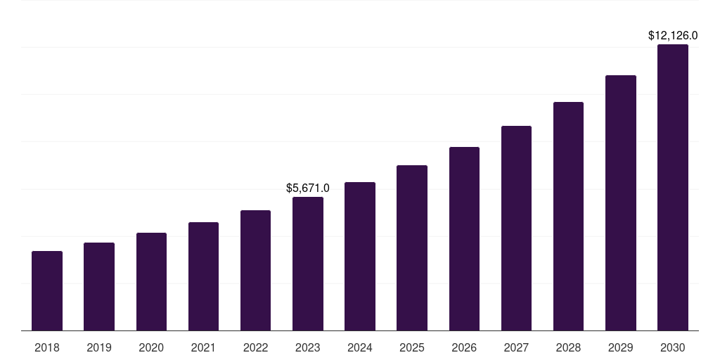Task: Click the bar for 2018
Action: tap(47, 290)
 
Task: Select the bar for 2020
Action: tap(151, 281)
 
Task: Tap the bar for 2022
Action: tap(255, 270)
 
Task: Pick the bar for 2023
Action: tap(308, 264)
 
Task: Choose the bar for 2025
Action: tap(412, 247)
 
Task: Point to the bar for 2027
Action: tap(516, 228)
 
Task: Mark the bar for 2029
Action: tap(621, 202)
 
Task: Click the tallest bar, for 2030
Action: tap(673, 187)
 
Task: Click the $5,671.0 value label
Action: tap(308, 188)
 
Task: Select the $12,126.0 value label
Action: tap(673, 35)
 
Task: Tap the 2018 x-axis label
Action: tap(47, 347)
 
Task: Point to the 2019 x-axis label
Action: tap(99, 347)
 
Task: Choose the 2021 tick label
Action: tap(203, 347)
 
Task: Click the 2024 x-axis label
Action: tap(360, 347)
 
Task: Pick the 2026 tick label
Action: tap(464, 347)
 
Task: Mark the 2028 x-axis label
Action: tap(568, 347)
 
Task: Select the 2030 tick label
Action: tap(673, 347)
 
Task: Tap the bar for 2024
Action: tap(360, 256)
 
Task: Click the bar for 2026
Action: tap(464, 238)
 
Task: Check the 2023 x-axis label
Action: tap(308, 347)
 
